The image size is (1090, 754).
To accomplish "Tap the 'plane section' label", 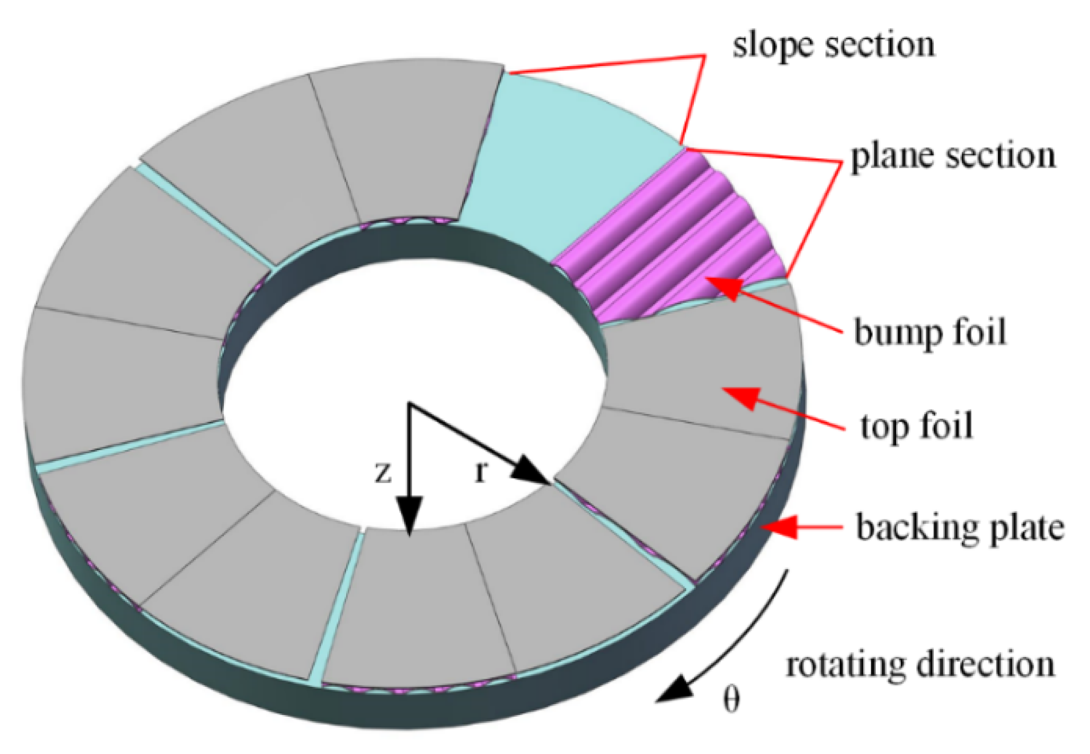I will pyautogui.click(x=952, y=156).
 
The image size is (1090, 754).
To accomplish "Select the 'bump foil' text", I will pyautogui.click(x=929, y=332).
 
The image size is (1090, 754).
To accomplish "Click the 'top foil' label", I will pyautogui.click(x=917, y=426).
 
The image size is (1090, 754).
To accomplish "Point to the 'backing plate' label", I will pyautogui.click(x=960, y=527).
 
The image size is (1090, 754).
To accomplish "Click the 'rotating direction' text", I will pyautogui.click(x=920, y=664).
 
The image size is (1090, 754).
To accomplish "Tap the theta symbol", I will pyautogui.click(x=731, y=699).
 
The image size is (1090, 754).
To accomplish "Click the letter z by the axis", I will pyautogui.click(x=383, y=472).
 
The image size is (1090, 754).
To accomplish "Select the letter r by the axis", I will pyautogui.click(x=481, y=471).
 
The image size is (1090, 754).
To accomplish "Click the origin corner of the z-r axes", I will pyautogui.click(x=409, y=404).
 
